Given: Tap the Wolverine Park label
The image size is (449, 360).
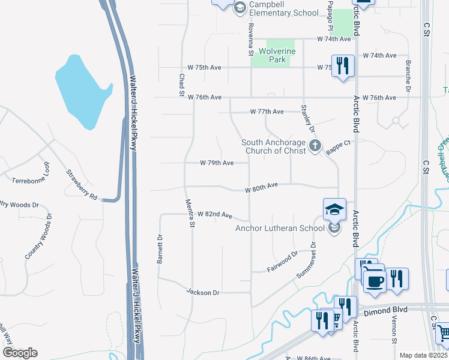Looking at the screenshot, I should pos(277,55).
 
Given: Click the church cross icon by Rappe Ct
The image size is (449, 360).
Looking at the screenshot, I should pos(315,146).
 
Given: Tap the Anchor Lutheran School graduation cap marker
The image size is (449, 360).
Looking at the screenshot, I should pos(334,209).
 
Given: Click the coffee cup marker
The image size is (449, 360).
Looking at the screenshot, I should pos(375,281).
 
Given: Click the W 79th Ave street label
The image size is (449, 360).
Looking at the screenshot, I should pos(217,163).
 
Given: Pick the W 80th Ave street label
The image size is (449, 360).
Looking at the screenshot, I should pos(262,188).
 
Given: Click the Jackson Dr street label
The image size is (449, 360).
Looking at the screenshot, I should pos(203,292).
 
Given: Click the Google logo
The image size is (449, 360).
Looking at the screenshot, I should pos(20,353).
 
